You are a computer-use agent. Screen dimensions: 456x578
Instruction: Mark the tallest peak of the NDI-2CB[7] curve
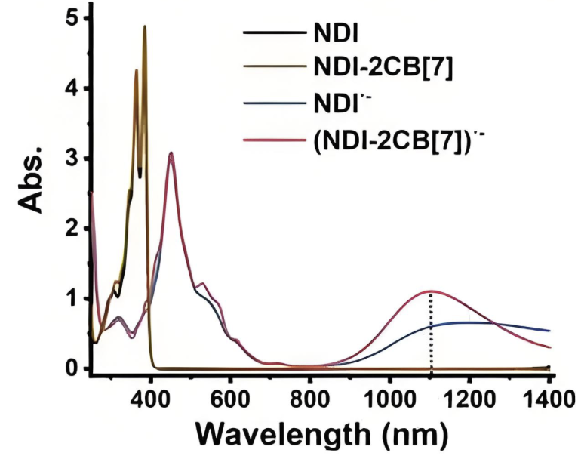[144, 26]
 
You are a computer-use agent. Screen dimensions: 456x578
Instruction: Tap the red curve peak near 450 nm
[172, 155]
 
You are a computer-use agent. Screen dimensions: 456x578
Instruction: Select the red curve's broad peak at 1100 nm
[431, 291]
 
